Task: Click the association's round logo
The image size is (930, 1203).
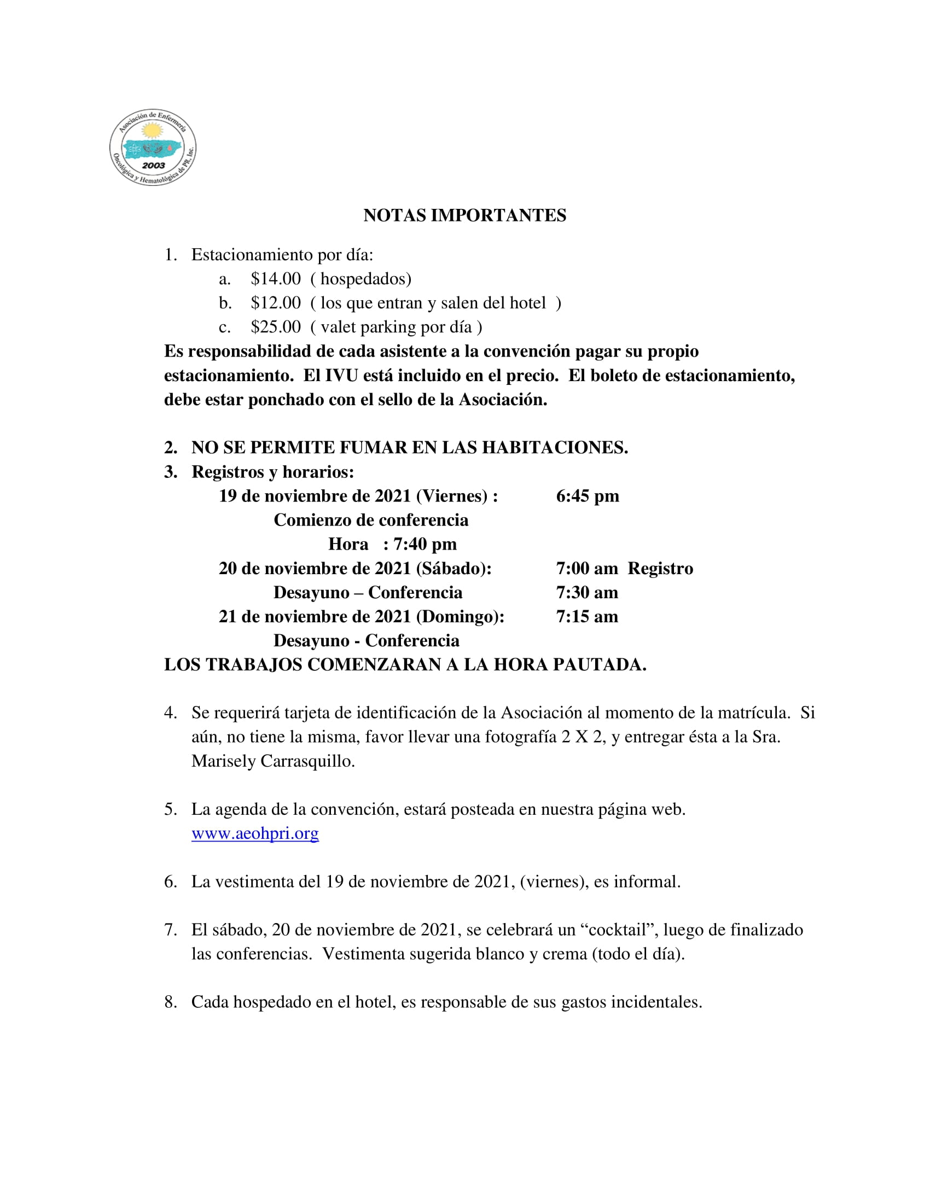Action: click(153, 147)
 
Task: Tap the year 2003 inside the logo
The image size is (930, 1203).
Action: click(153, 165)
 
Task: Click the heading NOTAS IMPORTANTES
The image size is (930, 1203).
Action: click(464, 215)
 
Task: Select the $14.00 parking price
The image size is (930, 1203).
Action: click(276, 279)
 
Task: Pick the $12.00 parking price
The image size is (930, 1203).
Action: click(276, 303)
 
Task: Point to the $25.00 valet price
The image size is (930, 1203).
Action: click(276, 327)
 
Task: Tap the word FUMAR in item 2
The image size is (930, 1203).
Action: click(373, 448)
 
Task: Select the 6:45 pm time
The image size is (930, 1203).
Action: click(588, 497)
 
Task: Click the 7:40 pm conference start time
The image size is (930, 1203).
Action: click(425, 544)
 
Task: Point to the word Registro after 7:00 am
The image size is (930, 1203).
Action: click(660, 569)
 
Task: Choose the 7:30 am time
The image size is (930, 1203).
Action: click(587, 593)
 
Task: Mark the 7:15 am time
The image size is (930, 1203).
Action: click(587, 617)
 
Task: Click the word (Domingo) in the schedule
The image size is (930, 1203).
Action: click(460, 617)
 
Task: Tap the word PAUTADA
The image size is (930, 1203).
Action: click(599, 665)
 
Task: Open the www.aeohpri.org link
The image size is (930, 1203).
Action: click(255, 833)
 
